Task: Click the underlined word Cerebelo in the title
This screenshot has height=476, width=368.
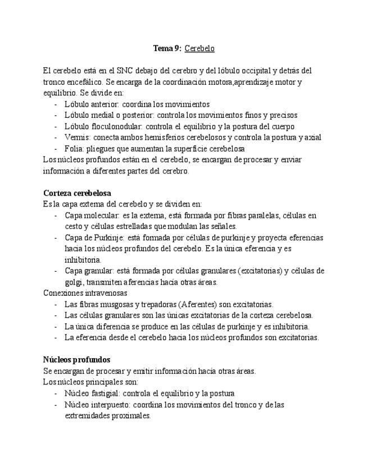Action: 199,49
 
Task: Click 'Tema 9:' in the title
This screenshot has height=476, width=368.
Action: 167,49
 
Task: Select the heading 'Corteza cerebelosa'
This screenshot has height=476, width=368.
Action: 77,193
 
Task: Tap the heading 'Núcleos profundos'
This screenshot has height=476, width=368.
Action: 76,360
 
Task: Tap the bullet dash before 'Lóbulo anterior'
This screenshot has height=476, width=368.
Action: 56,104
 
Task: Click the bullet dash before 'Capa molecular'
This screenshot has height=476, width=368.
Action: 56,216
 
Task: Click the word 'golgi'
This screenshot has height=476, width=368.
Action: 74,282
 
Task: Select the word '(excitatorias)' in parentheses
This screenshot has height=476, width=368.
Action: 260,271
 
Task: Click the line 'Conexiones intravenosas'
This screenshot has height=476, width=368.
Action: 85,293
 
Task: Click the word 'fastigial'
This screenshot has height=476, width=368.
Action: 105,393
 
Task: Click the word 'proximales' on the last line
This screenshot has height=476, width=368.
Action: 132,416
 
